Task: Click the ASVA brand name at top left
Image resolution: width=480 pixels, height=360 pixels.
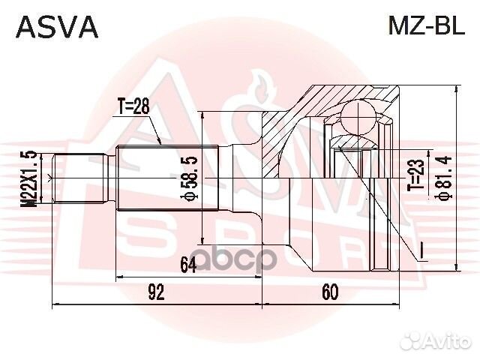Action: pos(57,27)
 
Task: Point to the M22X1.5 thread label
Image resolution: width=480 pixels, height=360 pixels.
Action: pos(29,178)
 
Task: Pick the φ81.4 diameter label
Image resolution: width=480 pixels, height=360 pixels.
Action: pos(444,178)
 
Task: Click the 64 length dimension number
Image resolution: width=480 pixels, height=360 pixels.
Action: pos(188,265)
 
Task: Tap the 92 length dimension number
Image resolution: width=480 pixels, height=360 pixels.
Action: pos(157,292)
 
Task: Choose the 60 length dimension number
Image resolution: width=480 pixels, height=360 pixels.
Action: pos(330,292)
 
